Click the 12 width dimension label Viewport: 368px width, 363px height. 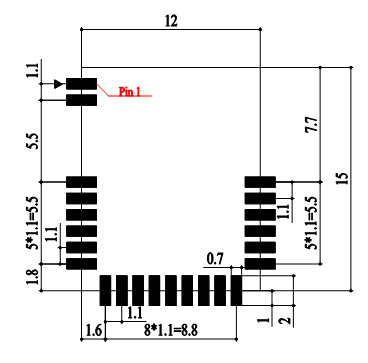coord(171,21)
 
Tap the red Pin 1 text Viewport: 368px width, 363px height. coord(130,92)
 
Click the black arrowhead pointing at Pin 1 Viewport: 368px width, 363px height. coord(59,84)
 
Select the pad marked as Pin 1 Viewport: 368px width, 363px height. coord(81,84)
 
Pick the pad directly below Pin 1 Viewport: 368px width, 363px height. coord(81,100)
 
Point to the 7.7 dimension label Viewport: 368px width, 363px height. coord(312,125)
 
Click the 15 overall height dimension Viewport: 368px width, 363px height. coord(342,178)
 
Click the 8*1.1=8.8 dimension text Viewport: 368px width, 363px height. coord(171,331)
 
